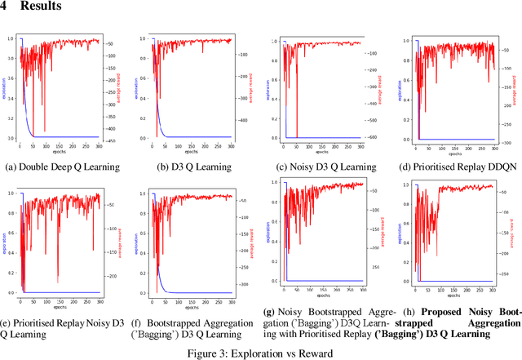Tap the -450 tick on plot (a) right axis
pyautogui.click(x=109, y=138)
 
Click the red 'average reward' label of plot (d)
pyautogui.click(x=514, y=89)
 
